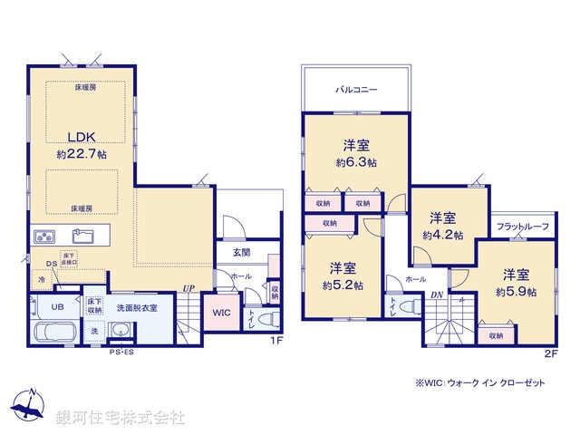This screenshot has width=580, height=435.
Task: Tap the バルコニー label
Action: pyautogui.click(x=356, y=91)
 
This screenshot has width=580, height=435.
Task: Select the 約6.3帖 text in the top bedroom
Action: pyautogui.click(x=356, y=162)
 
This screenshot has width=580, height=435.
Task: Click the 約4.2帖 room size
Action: pyautogui.click(x=442, y=234)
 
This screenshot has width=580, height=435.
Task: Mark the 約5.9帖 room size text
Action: pyautogui.click(x=517, y=292)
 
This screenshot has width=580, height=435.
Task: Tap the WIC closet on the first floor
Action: pyautogui.click(x=223, y=313)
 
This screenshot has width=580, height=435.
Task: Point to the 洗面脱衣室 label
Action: pyautogui.click(x=136, y=307)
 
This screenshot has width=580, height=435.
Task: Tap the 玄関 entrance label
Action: pyautogui.click(x=241, y=253)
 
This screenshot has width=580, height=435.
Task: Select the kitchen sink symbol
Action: pyautogui.click(x=83, y=237)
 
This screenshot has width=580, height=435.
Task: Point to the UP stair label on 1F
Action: pyautogui.click(x=188, y=288)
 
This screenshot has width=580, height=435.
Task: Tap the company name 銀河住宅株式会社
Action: pyautogui.click(x=121, y=418)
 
